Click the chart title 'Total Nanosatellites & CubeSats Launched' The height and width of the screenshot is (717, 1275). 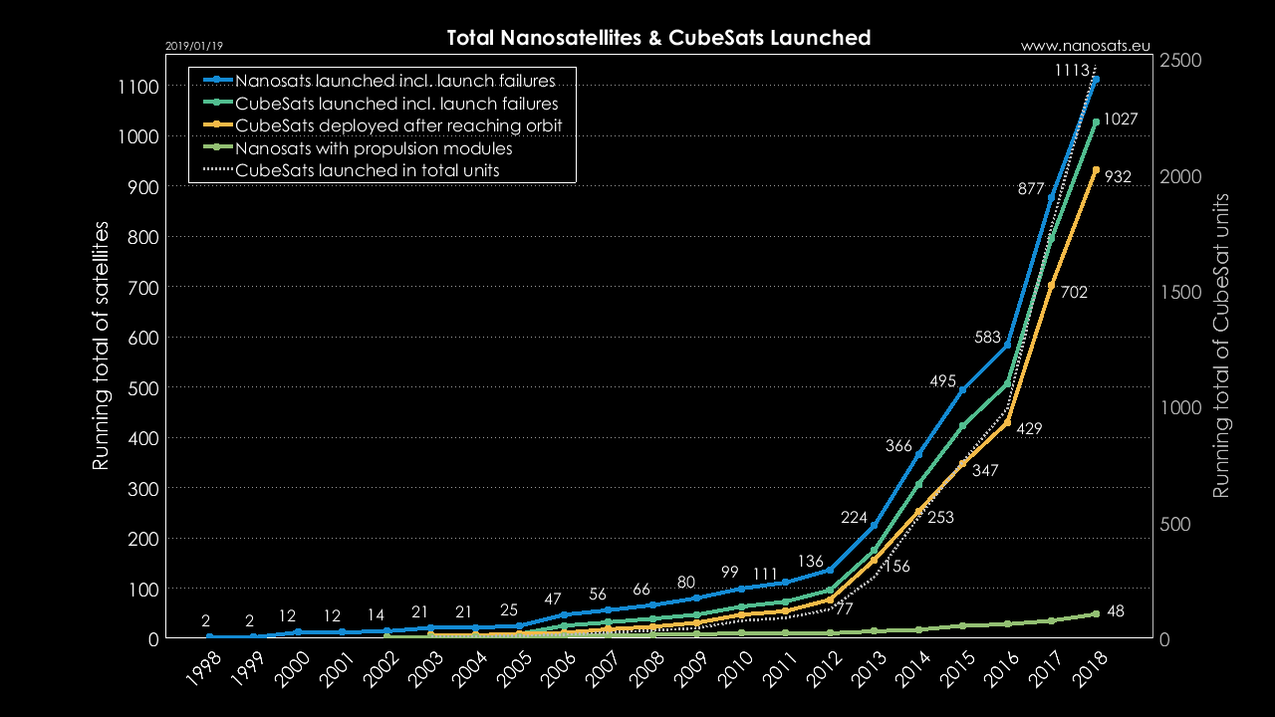click(x=658, y=38)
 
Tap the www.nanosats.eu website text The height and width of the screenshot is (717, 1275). click(x=1086, y=46)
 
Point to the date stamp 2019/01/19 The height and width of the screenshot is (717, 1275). click(x=195, y=46)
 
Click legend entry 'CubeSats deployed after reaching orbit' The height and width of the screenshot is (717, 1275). click(x=398, y=125)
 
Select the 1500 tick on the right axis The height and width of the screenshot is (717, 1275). click(x=1181, y=292)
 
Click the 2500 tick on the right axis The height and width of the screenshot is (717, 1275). click(x=1181, y=60)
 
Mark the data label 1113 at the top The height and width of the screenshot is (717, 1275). click(x=1072, y=70)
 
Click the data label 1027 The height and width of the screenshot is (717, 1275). click(x=1120, y=119)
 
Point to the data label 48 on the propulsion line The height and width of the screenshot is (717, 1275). click(x=1116, y=611)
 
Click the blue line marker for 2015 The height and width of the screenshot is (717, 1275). click(x=962, y=389)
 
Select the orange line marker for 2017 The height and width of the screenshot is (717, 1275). click(x=1051, y=286)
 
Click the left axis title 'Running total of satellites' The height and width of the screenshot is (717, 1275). click(x=101, y=346)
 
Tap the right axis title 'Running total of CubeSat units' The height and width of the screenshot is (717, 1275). click(x=1221, y=346)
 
